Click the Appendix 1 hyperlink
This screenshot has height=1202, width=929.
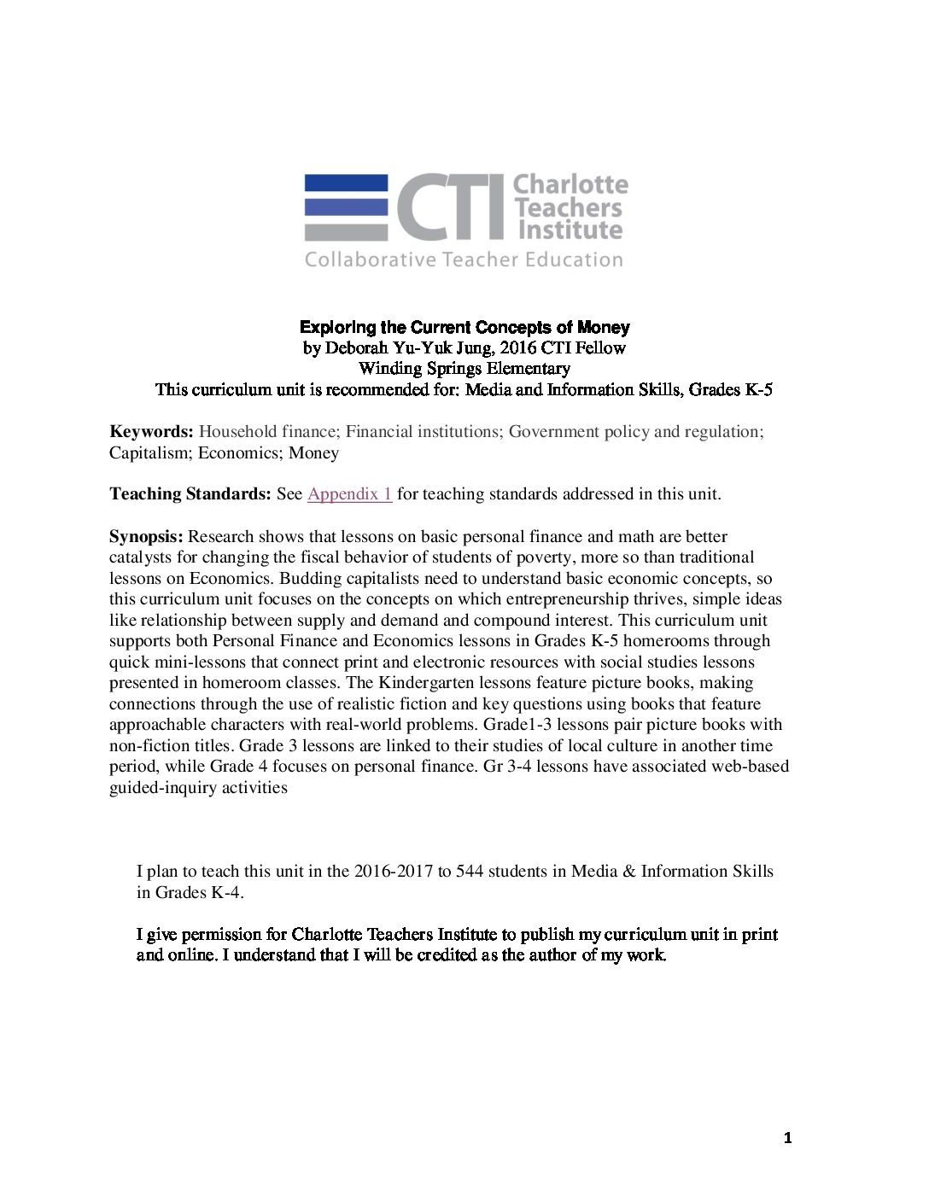349,494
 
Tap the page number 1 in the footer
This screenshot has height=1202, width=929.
787,1138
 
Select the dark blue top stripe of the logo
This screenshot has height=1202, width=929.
346,183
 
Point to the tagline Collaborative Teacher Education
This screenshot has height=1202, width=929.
464,260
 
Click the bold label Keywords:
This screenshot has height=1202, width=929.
151,432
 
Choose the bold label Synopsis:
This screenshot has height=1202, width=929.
146,537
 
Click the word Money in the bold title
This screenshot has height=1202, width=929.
603,328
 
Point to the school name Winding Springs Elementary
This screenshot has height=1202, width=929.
464,369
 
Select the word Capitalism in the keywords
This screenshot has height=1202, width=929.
149,453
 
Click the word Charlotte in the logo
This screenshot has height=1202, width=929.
570,184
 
